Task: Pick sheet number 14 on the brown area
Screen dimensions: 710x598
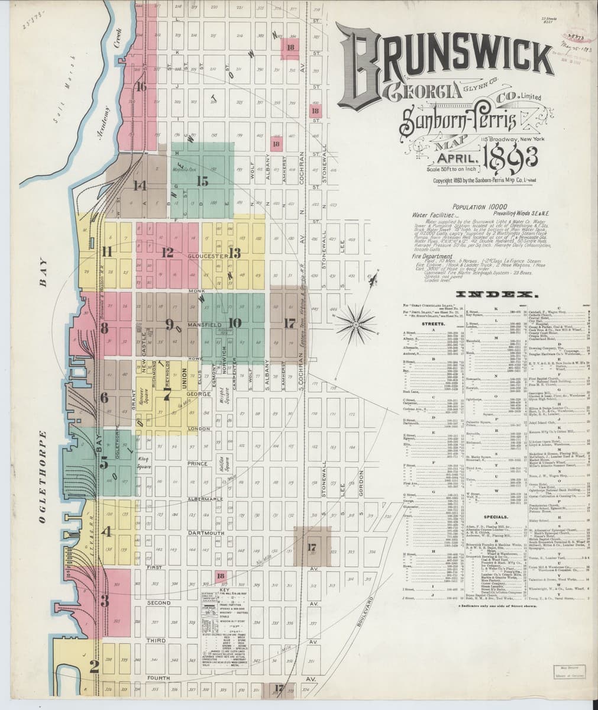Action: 140,186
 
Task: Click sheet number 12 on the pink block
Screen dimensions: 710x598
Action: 167,253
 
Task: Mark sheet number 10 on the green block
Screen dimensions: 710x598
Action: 235,323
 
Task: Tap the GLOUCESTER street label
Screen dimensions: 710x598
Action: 205,257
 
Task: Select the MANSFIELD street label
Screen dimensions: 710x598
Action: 204,325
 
